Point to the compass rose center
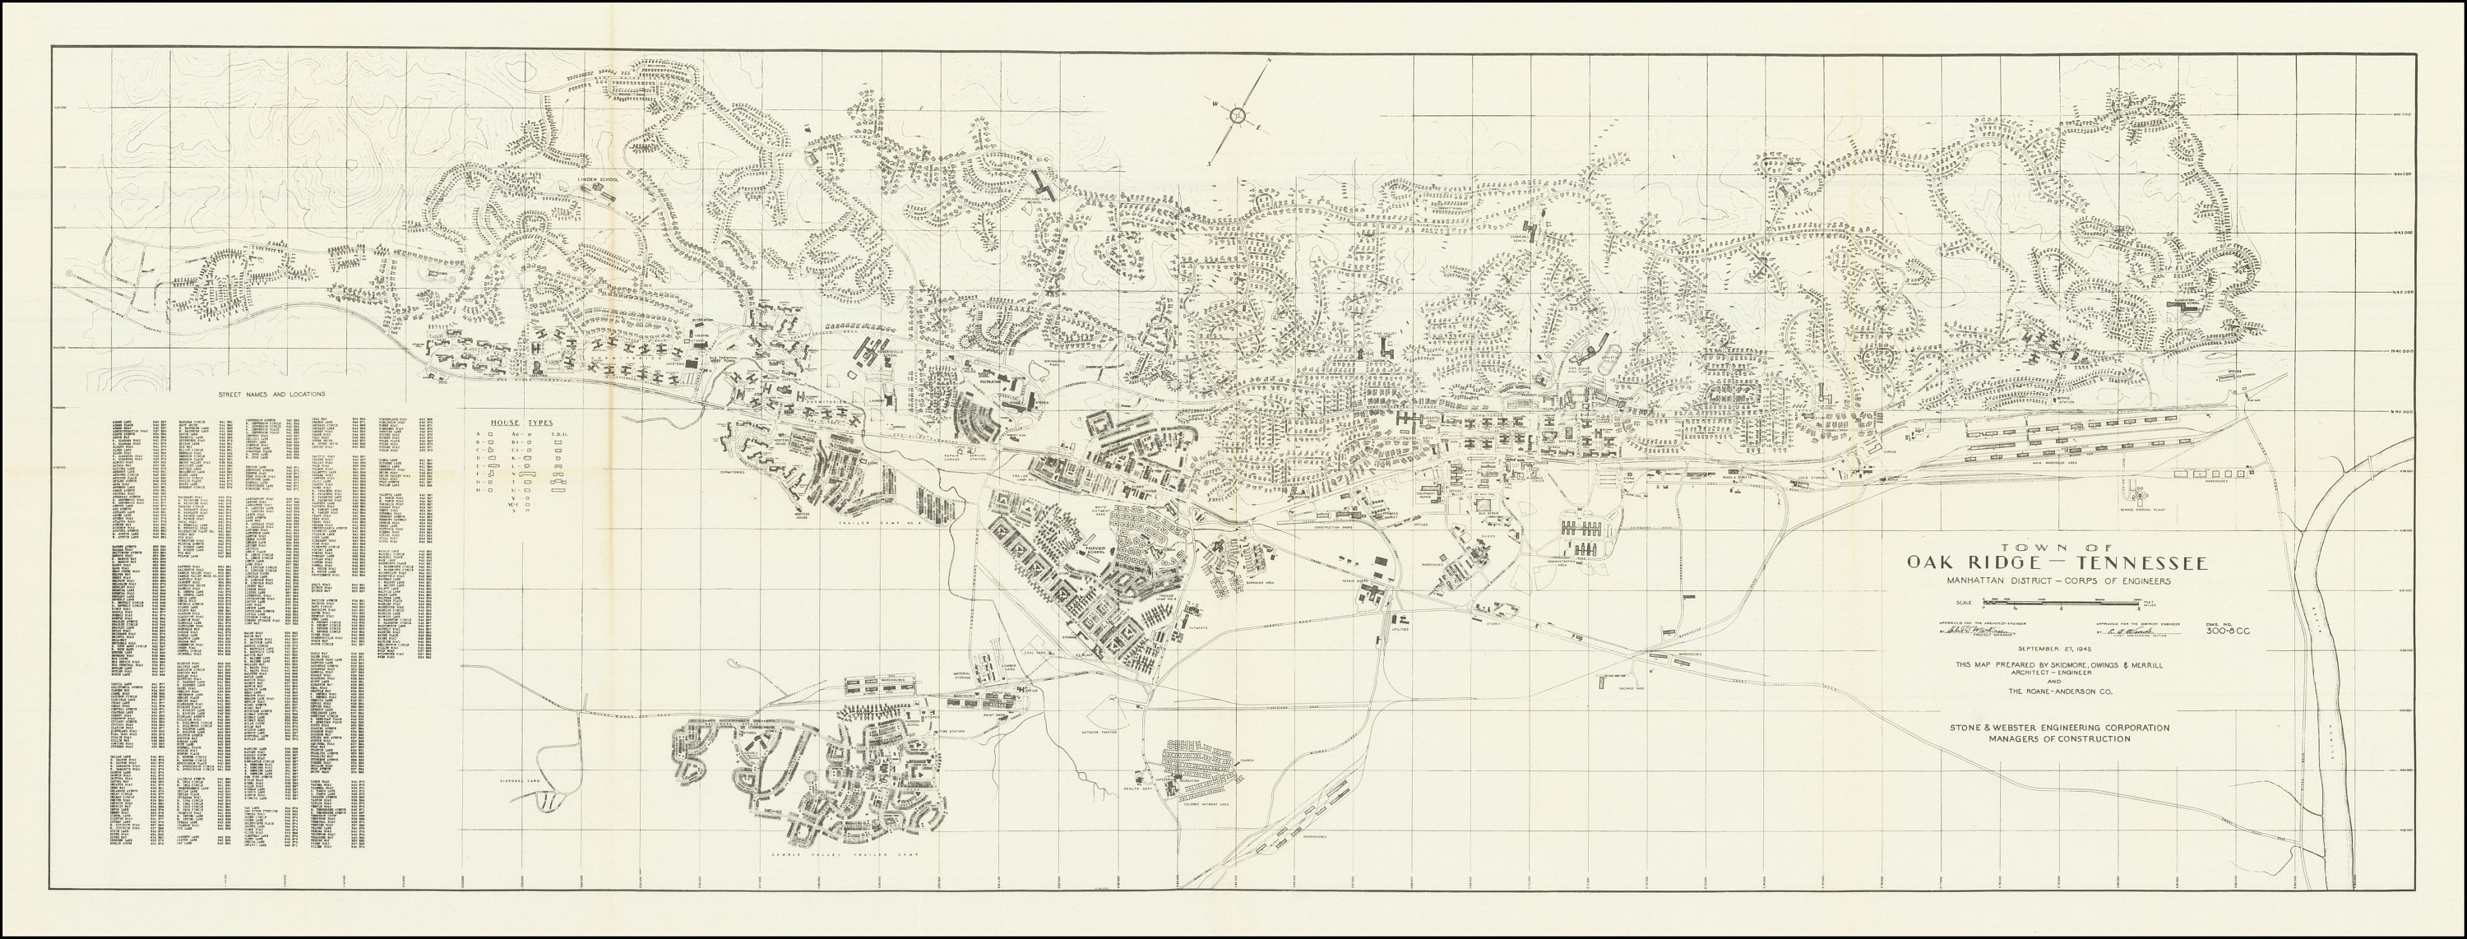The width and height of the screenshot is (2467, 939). [1238, 116]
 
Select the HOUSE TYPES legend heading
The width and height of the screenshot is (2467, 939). [521, 422]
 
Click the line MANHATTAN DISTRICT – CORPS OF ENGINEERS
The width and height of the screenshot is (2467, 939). [2048, 581]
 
